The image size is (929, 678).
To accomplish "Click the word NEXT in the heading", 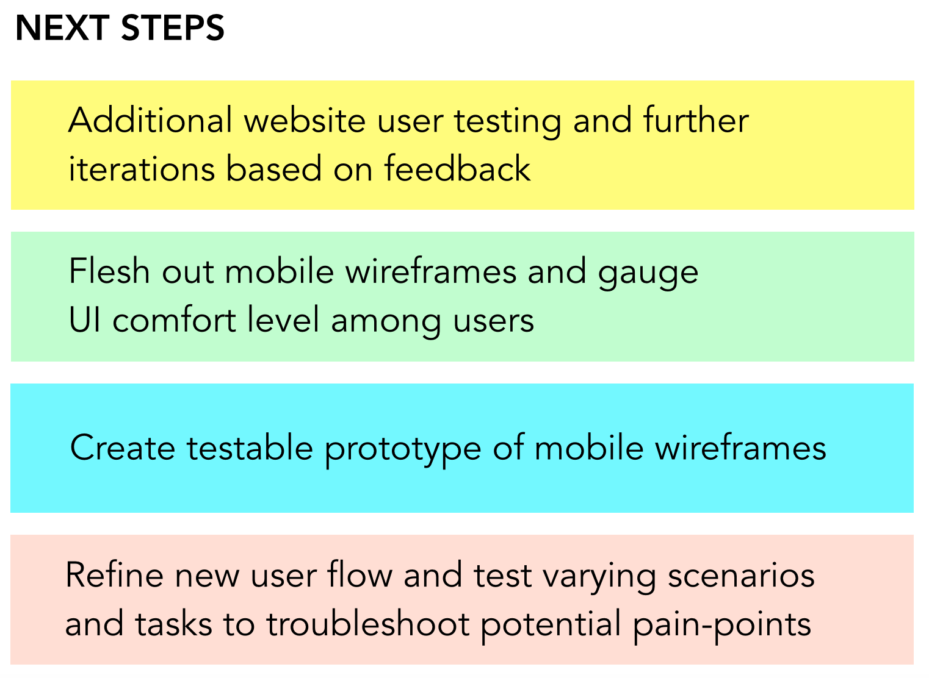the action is [x=62, y=28].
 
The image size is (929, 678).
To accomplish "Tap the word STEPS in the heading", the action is [x=173, y=28].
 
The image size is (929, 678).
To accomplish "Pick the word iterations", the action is [x=142, y=168].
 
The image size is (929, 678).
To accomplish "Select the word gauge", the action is [x=648, y=274].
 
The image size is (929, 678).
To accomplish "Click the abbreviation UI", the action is [x=85, y=319].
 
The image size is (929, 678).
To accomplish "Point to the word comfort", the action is [x=175, y=319].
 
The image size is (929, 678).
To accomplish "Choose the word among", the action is [x=386, y=323].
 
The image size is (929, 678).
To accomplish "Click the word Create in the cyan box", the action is [x=123, y=448].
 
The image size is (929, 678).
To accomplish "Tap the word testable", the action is [x=250, y=448].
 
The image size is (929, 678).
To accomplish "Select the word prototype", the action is [x=403, y=451].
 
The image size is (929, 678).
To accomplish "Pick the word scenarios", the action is [x=741, y=576].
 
